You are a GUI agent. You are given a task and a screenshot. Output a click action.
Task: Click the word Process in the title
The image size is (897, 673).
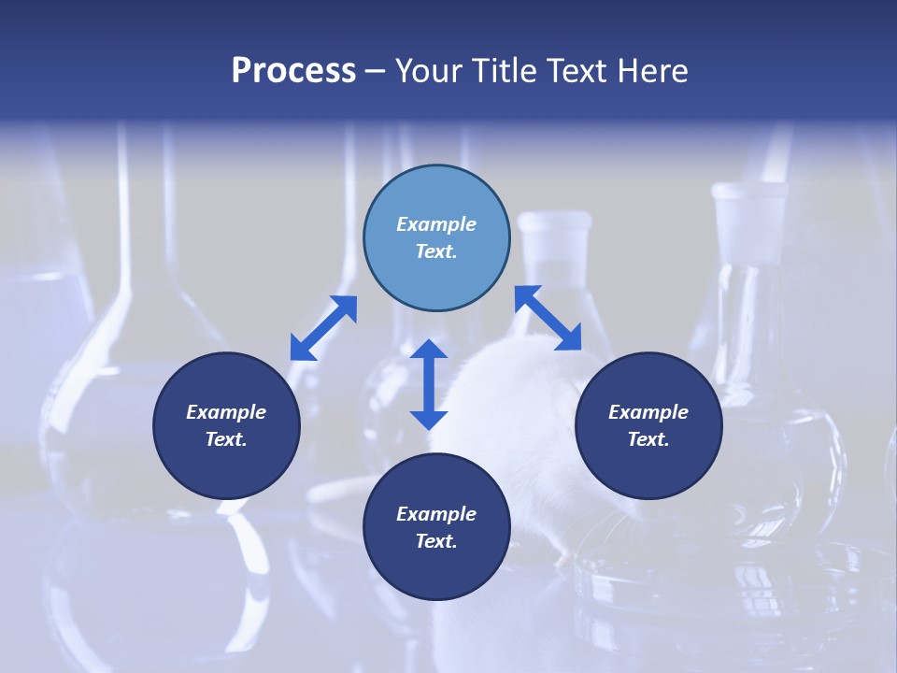coord(293,71)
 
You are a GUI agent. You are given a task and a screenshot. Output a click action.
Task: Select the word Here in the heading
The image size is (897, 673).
coord(654,71)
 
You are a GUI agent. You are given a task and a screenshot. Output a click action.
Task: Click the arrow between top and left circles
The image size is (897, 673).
coord(323,328)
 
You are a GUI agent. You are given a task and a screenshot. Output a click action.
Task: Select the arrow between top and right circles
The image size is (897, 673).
coord(548,318)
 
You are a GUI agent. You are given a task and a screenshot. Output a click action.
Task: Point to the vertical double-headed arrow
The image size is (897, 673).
coord(429,384)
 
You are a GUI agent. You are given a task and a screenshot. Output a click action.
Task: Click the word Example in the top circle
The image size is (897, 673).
coord(436,224)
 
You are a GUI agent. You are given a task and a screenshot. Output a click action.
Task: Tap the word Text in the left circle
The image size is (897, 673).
coord(226,439)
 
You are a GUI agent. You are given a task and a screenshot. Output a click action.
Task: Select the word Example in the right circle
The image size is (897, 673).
coord(648,412)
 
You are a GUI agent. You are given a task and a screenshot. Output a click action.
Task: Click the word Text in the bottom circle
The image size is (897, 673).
coord(436,541)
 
